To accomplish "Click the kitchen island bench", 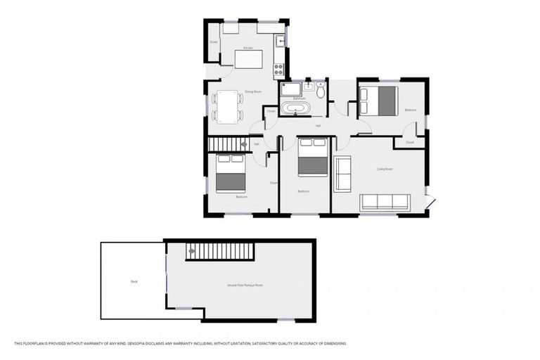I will click(x=248, y=59).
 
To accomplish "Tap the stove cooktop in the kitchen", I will click(x=279, y=69).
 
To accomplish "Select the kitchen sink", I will click(x=280, y=40).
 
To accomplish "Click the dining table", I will click(x=227, y=106).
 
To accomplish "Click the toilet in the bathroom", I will click(x=321, y=91).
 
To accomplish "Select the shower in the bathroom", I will click(x=290, y=89).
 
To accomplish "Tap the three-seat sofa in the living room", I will click(x=385, y=202).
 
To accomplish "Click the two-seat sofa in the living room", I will click(x=342, y=174).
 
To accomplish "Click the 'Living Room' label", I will click(x=385, y=169).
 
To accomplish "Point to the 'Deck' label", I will click(x=134, y=282).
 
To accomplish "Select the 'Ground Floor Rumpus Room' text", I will click(x=245, y=285).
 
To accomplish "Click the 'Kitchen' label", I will click(x=247, y=47).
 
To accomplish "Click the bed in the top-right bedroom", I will click(x=379, y=101).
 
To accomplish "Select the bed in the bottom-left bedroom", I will click(x=230, y=174).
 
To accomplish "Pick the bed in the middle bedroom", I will click(x=312, y=157).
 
